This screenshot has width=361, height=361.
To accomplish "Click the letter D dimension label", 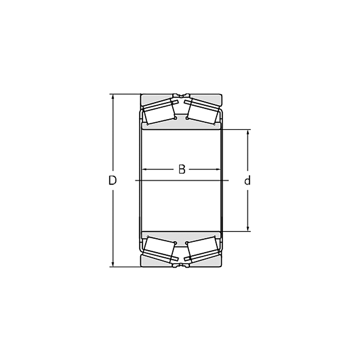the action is [112, 180].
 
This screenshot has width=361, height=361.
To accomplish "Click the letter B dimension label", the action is [182, 169].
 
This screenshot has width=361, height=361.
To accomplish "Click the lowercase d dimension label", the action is [247, 180].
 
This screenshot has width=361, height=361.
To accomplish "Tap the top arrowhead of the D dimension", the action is [112, 97].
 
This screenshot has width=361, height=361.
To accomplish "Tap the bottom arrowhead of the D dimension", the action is [112, 264].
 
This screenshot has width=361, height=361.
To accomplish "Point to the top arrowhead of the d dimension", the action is [248, 133].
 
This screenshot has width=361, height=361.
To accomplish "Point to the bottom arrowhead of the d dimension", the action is [248, 228].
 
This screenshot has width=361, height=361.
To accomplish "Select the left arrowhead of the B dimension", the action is [144, 170].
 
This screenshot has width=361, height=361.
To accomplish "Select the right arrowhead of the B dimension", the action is [218, 170].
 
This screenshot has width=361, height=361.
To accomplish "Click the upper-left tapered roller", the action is [159, 112].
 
